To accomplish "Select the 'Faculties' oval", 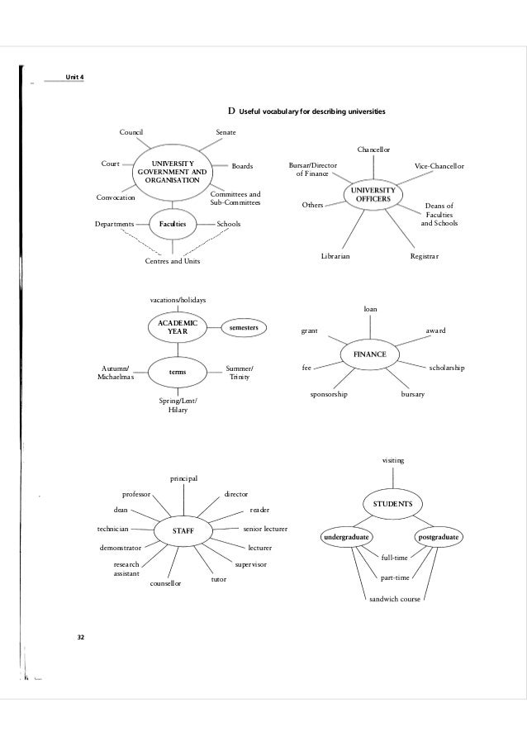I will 173,224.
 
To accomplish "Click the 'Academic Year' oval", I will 178,327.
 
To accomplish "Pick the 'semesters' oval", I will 245,328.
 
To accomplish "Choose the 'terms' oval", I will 177,373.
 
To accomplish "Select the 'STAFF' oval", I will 183,530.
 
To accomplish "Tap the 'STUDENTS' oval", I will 392,503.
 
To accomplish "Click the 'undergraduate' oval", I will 346,538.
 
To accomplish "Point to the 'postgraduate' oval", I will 439,538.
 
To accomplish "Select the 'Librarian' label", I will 335,257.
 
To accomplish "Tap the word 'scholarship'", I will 447,367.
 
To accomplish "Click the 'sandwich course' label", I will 393,598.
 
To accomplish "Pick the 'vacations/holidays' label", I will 178,299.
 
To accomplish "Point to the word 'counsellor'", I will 165,583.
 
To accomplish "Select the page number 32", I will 80,637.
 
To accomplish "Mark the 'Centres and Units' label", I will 172,262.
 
